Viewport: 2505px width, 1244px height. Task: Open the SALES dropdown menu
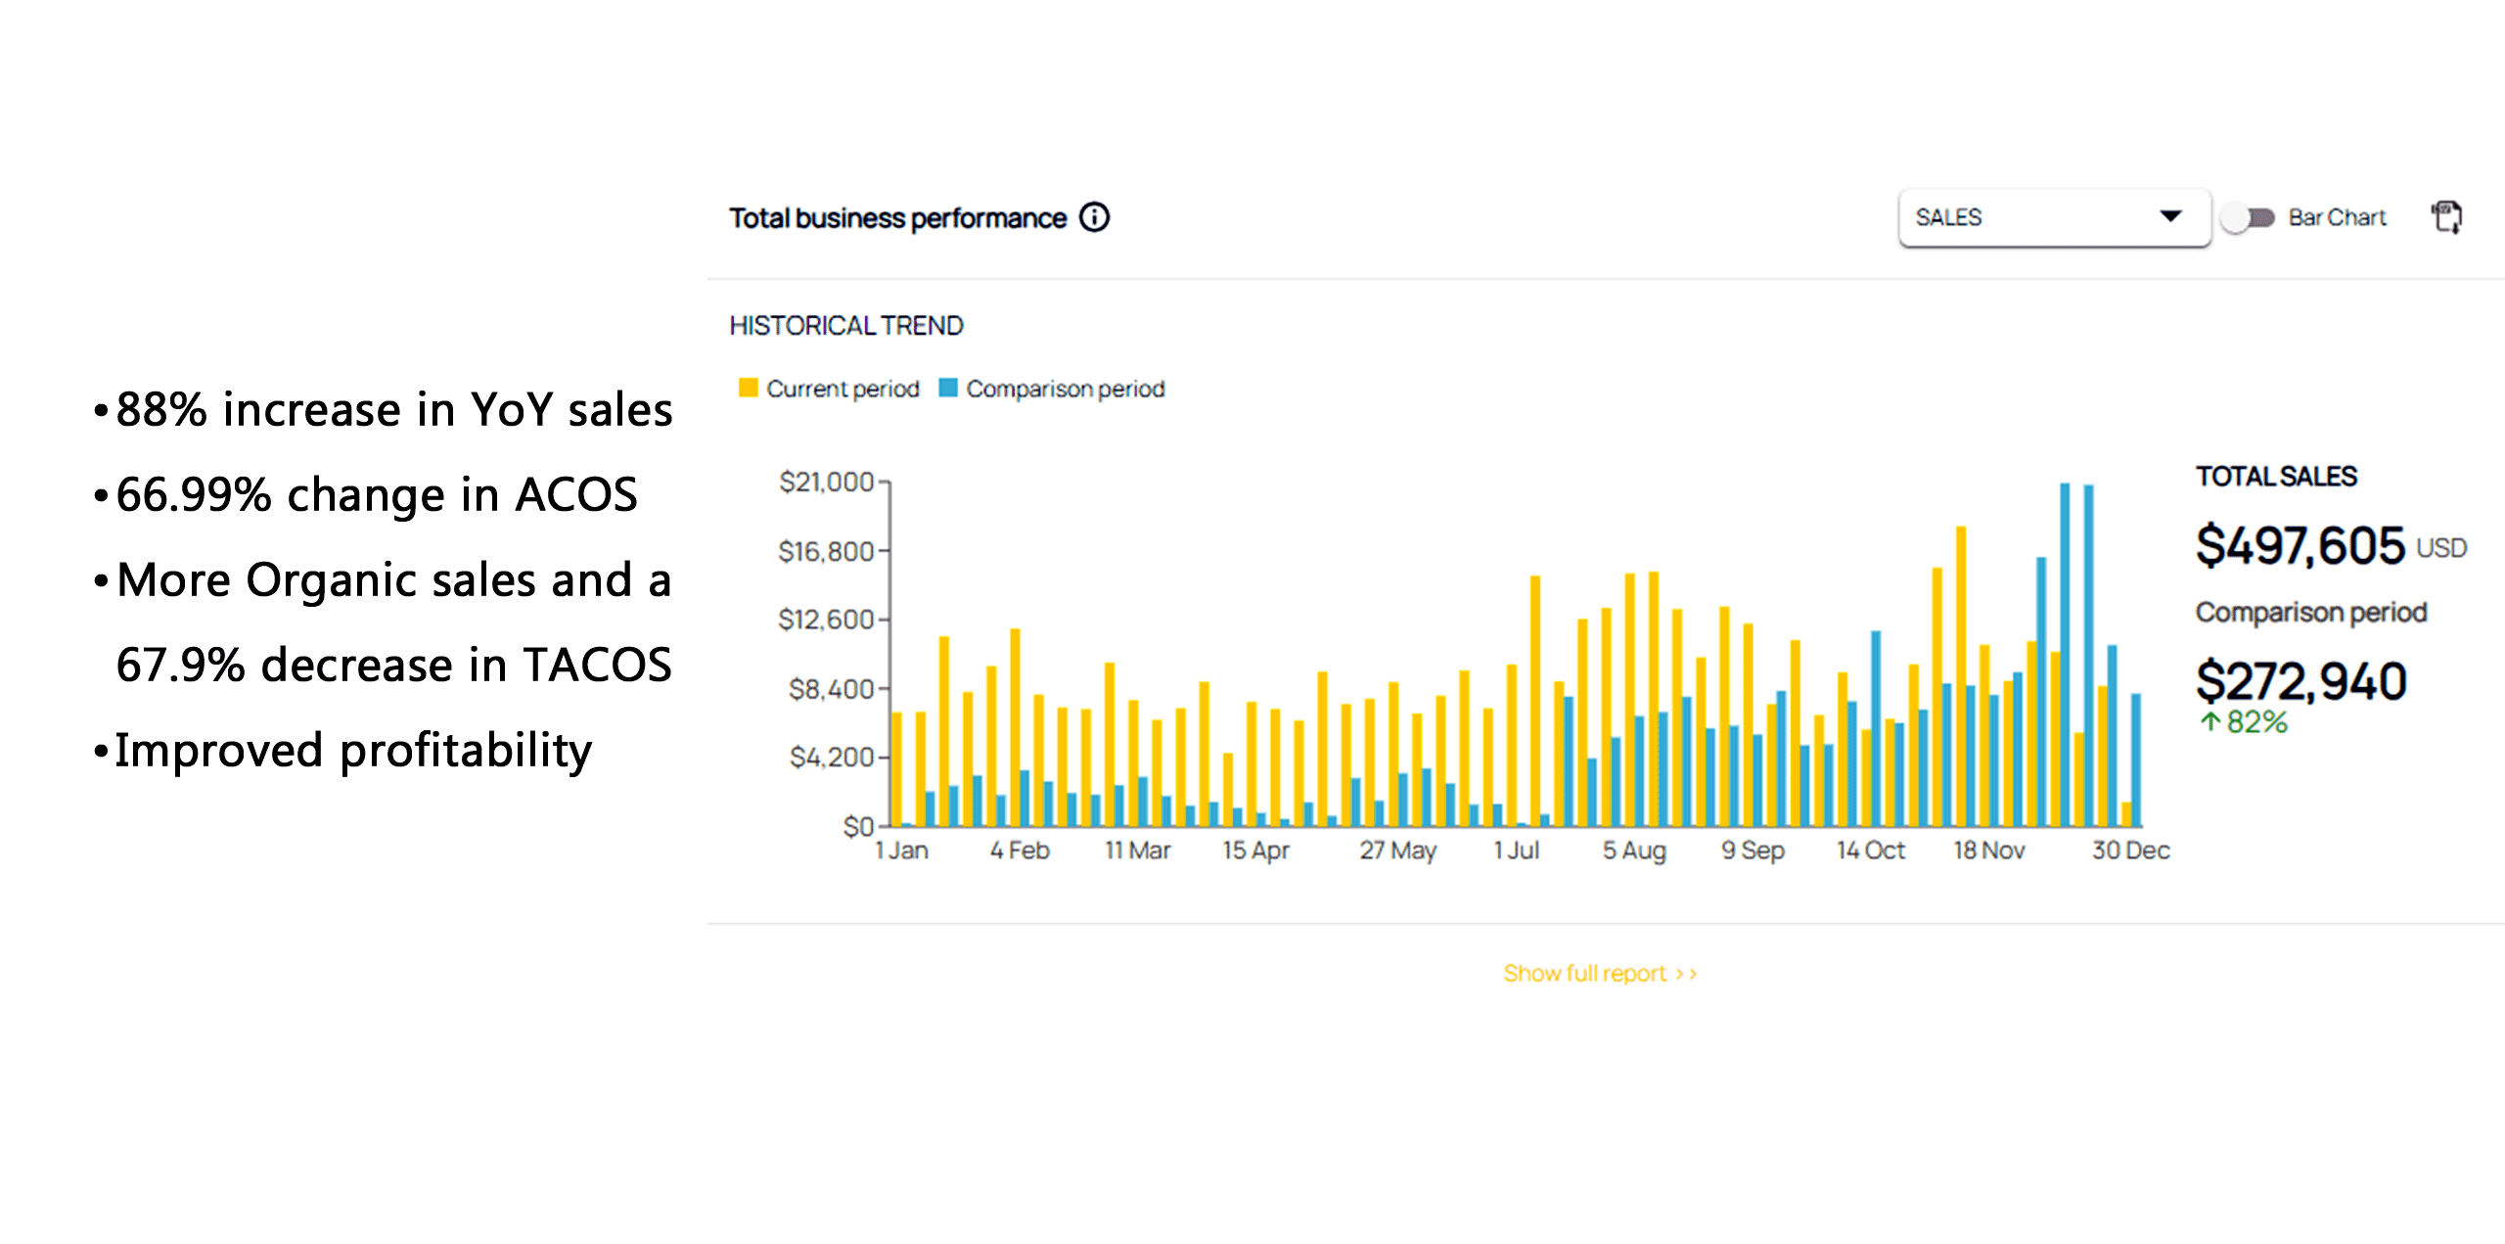[2053, 217]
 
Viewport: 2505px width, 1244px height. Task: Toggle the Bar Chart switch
[2248, 217]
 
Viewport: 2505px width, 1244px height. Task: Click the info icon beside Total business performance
[1094, 217]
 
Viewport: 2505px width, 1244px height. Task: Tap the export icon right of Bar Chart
[2447, 217]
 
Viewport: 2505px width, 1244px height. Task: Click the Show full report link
[1599, 973]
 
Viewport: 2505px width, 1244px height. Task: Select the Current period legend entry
[830, 389]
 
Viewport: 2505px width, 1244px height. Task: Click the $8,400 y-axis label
[832, 689]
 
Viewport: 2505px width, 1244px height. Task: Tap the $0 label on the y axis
[858, 827]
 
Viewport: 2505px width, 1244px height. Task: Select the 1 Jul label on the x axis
[1516, 851]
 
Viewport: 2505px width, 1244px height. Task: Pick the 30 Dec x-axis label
[2130, 851]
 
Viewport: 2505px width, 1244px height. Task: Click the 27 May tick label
[1397, 851]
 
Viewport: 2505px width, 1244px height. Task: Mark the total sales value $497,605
[2300, 545]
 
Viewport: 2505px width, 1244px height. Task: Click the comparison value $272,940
[2300, 681]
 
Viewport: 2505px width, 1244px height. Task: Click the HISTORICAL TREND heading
[846, 325]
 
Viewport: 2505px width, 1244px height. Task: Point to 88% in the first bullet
[161, 409]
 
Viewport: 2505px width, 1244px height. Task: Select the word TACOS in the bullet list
[597, 666]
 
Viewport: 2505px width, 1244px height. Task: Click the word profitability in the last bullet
[466, 752]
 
